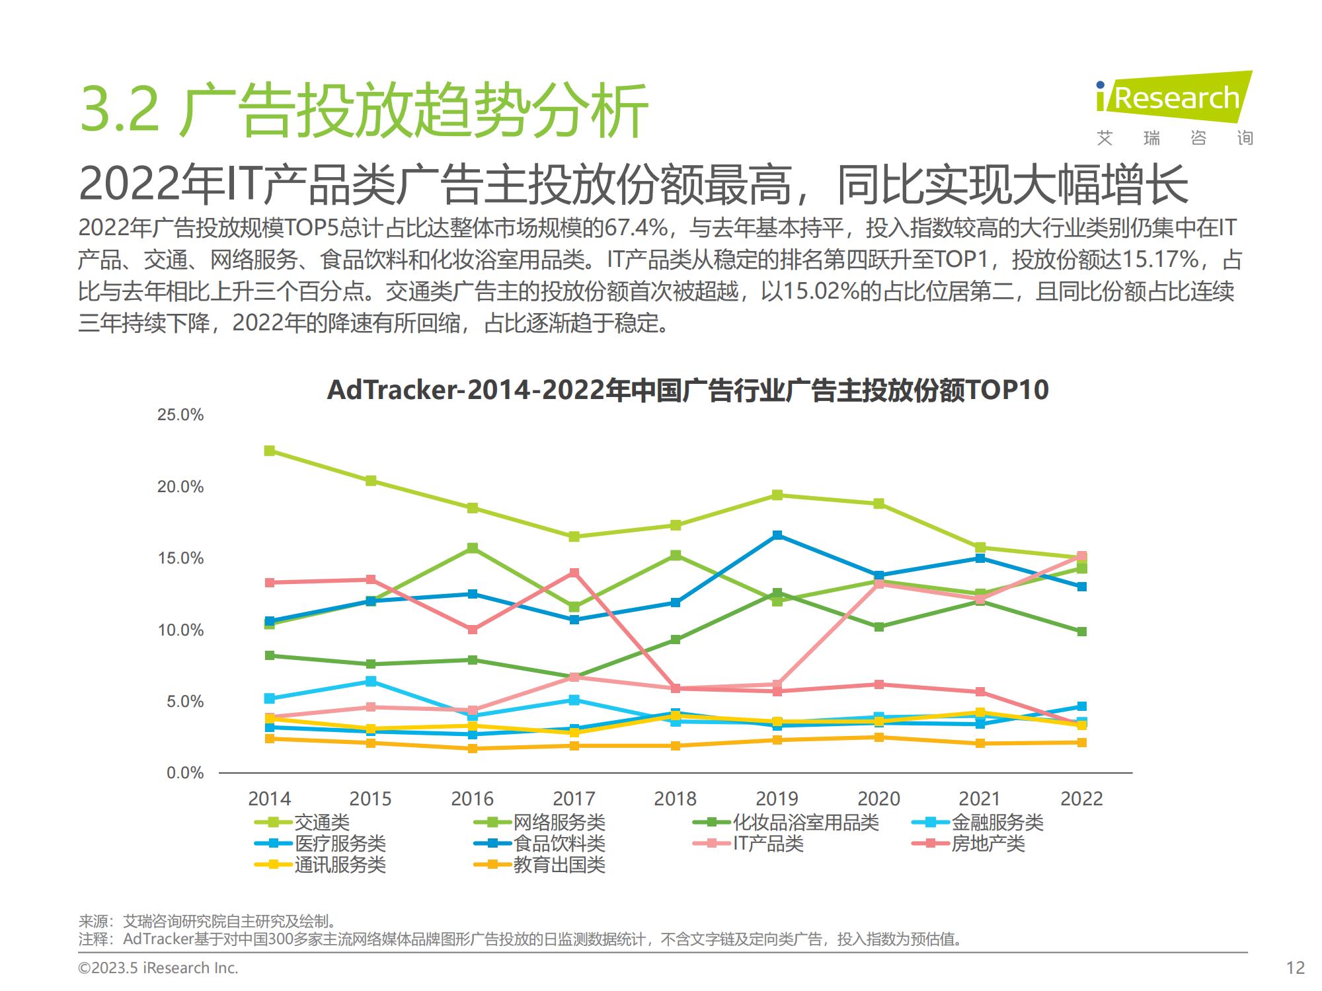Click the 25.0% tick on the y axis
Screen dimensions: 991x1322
coord(180,415)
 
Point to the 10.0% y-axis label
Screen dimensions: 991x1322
coord(180,630)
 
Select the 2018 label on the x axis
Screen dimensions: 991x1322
coord(675,799)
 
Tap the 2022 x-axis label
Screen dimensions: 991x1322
coord(1081,799)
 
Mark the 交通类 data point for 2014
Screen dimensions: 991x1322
coord(270,451)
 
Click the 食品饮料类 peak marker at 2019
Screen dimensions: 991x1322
coord(777,535)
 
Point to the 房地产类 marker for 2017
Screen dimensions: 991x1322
coord(574,573)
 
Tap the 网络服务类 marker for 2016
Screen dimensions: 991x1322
coord(473,548)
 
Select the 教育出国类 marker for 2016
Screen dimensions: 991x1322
coord(473,749)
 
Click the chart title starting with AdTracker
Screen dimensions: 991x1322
coord(687,390)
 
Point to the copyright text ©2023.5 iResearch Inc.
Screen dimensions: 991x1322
coord(158,968)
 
